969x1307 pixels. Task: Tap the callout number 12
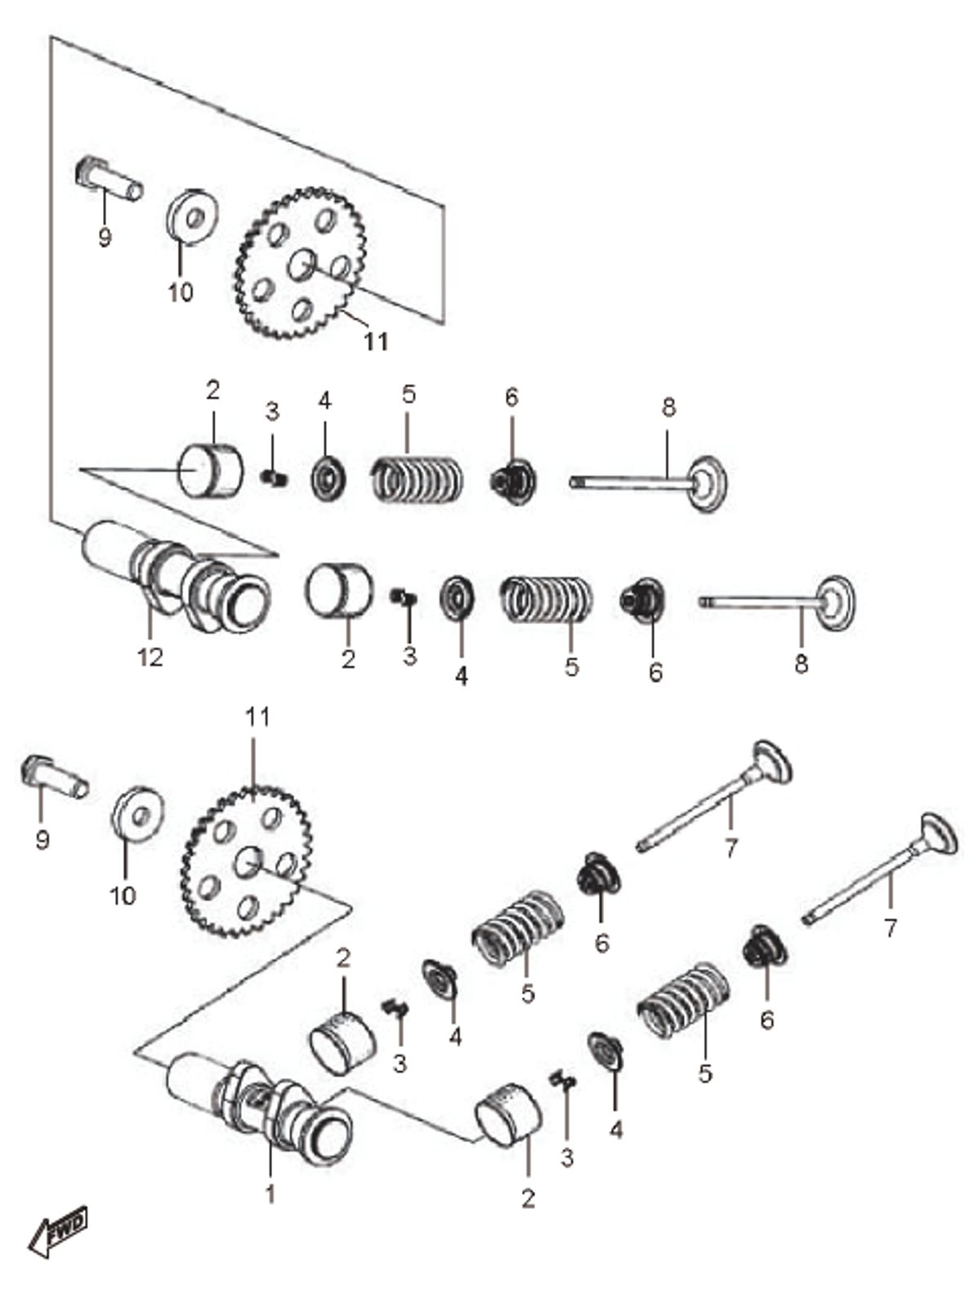click(x=150, y=656)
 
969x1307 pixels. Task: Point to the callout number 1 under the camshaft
click(x=270, y=1193)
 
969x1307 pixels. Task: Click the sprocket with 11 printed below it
click(x=301, y=263)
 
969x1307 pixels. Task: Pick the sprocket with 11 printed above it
click(x=246, y=862)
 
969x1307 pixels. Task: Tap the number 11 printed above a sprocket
click(x=257, y=717)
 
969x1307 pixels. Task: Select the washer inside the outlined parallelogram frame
click(x=193, y=216)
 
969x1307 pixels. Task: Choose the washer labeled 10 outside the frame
click(x=136, y=813)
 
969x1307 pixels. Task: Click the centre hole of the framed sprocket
click(x=301, y=263)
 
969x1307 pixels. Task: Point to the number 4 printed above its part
click(x=325, y=401)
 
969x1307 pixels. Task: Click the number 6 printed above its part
click(x=511, y=398)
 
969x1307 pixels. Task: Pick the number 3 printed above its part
click(x=272, y=412)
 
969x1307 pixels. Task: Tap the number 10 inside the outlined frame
click(x=181, y=292)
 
